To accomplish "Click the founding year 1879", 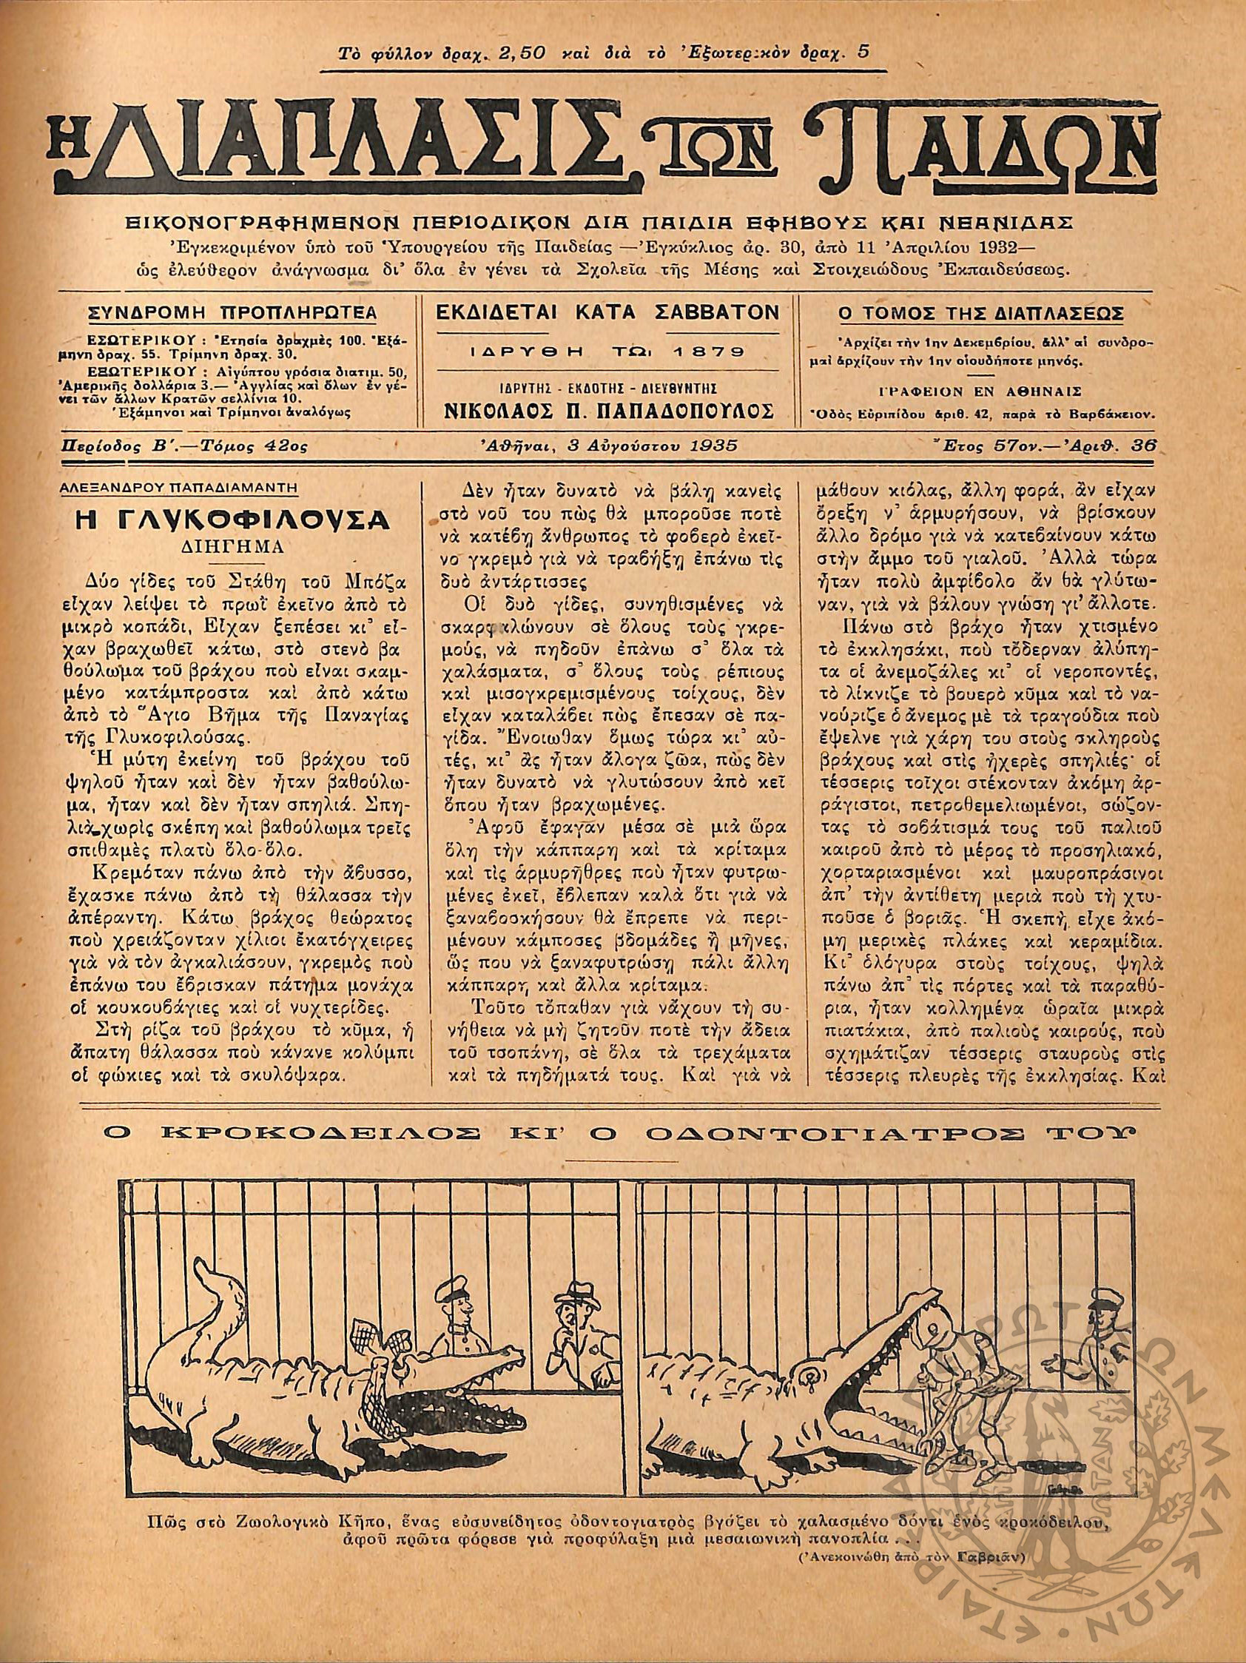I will [707, 351].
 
